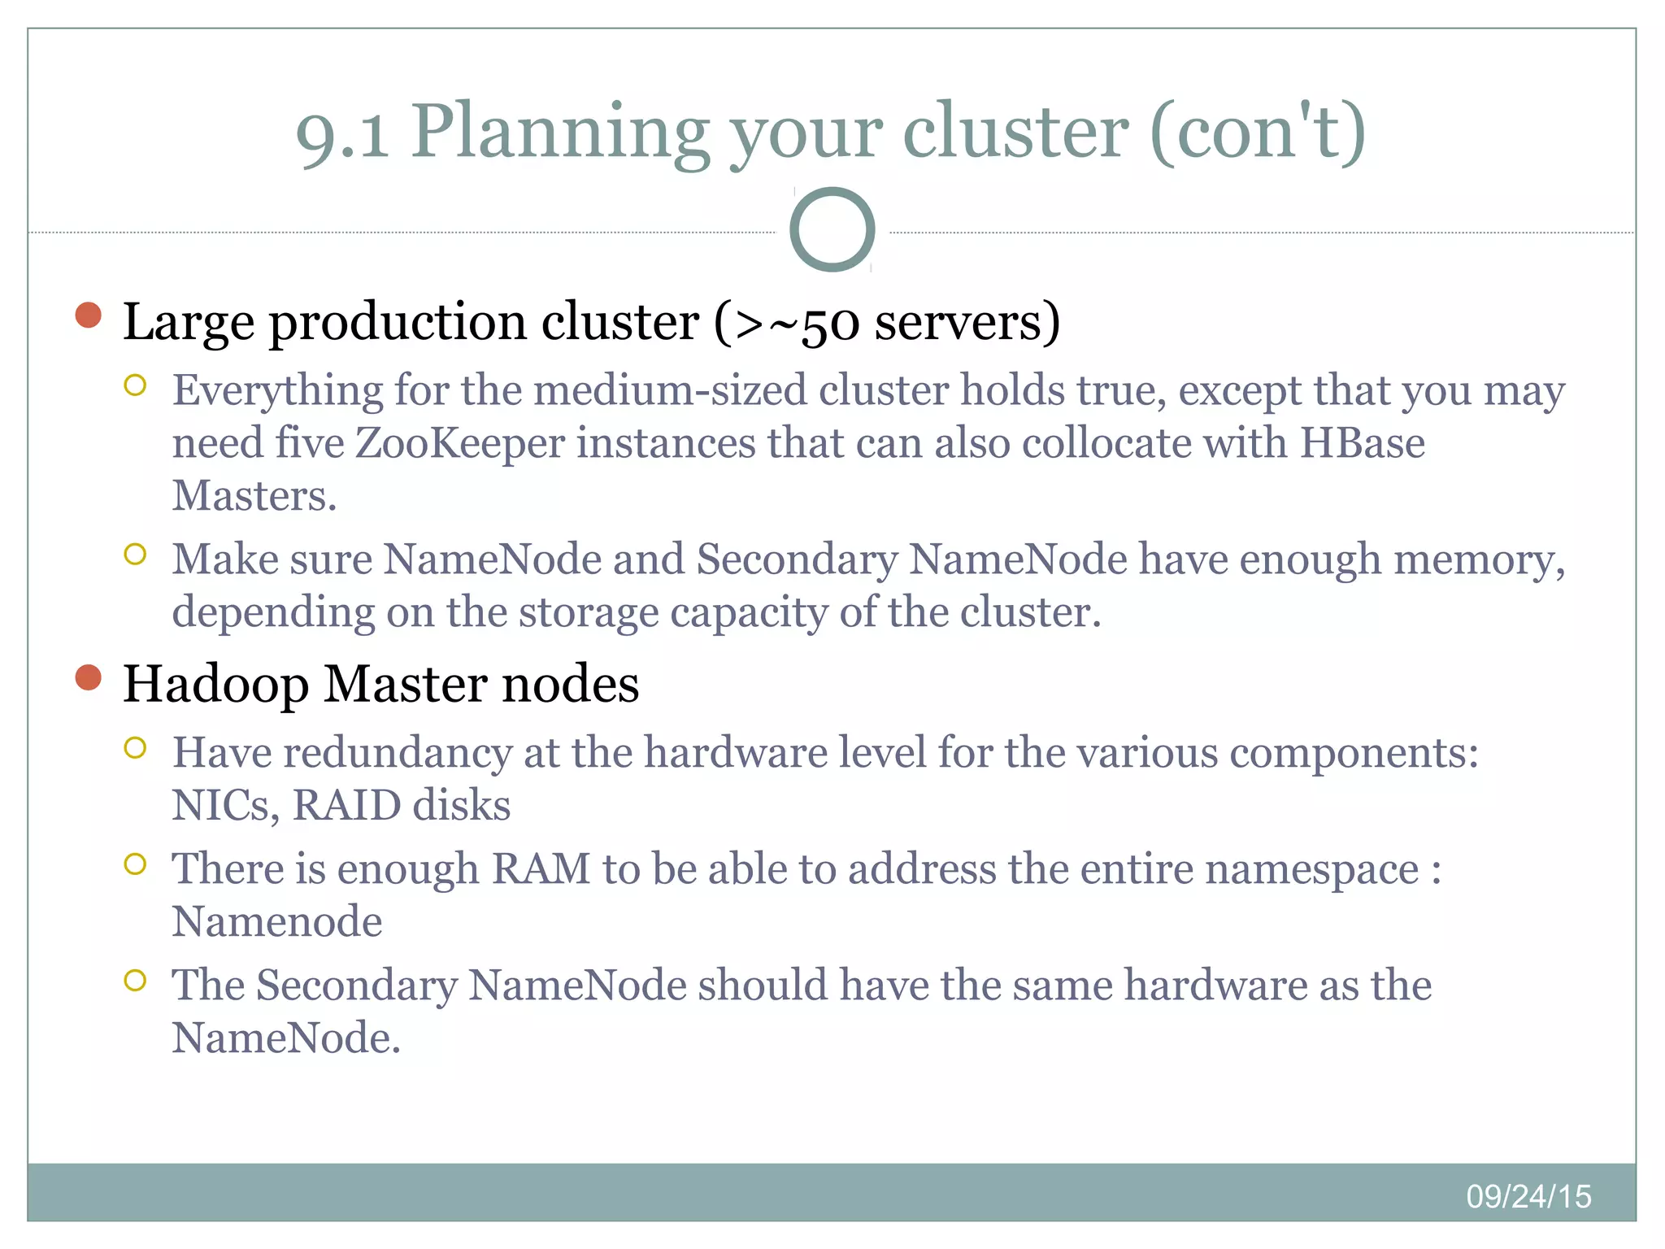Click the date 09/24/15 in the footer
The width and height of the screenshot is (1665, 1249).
(x=1528, y=1196)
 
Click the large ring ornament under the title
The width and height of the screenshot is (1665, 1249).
(x=832, y=229)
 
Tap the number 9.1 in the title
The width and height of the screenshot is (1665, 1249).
(x=341, y=134)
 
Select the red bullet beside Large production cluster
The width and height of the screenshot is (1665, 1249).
(x=88, y=316)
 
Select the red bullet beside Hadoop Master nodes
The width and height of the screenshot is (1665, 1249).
(x=88, y=677)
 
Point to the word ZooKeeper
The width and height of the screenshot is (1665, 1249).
(x=459, y=444)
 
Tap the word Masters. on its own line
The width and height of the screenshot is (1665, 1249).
(x=254, y=496)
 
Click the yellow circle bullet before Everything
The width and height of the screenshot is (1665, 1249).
(x=135, y=385)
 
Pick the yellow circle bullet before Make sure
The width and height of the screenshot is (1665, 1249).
(x=135, y=555)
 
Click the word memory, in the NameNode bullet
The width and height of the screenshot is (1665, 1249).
(x=1479, y=561)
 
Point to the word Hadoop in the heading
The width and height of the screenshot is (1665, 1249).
(x=215, y=685)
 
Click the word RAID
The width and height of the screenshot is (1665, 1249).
(x=346, y=806)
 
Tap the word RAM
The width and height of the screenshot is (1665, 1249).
(x=541, y=869)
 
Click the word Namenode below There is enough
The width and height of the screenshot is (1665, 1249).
(x=276, y=922)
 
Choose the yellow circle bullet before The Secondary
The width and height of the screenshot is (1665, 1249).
(x=135, y=981)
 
